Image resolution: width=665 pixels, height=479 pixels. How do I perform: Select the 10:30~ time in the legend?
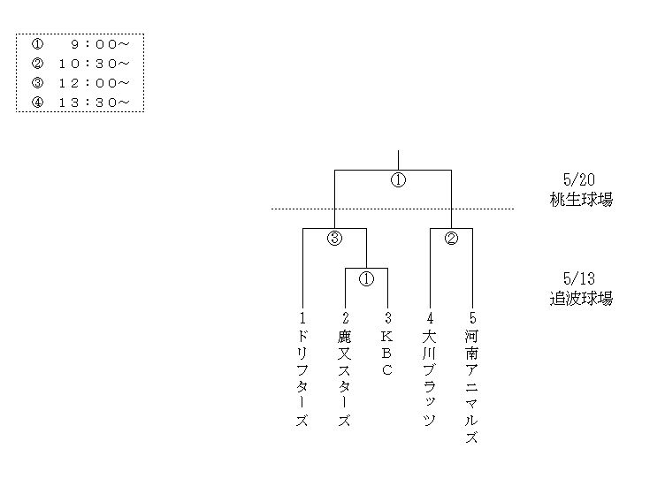pos(95,64)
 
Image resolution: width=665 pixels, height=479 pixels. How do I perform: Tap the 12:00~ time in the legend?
pos(95,83)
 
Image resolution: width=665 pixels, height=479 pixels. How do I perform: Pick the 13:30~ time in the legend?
pos(95,103)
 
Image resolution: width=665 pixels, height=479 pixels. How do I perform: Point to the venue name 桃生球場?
pos(580,200)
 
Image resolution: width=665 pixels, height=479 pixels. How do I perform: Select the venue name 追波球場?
pos(580,299)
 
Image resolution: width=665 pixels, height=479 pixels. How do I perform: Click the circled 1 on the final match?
pos(398,180)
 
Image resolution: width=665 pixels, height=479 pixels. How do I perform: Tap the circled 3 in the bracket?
pos(334,238)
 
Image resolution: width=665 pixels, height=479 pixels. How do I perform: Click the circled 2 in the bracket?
pos(451,238)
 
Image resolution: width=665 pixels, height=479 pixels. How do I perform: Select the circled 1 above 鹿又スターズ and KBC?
pos(366,279)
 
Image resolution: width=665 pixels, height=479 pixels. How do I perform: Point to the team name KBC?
pos(387,353)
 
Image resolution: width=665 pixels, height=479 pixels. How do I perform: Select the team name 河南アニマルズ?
pos(472,387)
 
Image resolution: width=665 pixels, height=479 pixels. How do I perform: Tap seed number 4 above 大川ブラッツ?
pos(430,318)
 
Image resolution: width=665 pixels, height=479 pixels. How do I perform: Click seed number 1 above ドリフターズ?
pos(302,318)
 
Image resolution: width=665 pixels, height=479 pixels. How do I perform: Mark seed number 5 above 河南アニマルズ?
pos(472,318)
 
